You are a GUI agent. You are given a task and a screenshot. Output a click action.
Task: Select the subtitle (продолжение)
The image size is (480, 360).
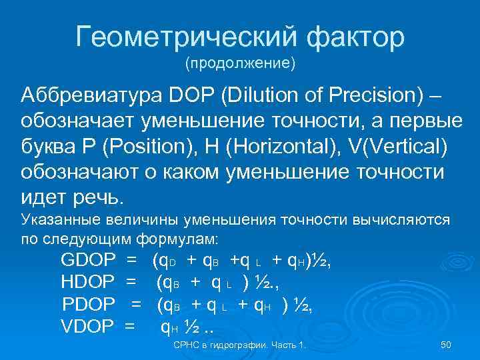(240, 65)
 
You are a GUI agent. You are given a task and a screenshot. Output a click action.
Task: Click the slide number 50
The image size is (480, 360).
(447, 345)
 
